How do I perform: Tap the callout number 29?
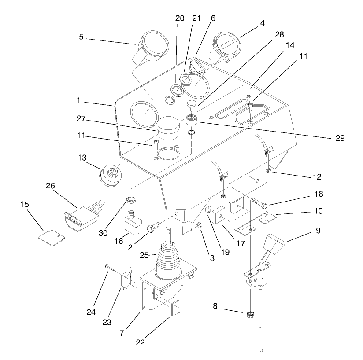click(338, 138)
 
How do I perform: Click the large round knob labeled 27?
click(167, 128)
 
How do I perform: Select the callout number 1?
click(78, 101)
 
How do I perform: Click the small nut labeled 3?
click(199, 225)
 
